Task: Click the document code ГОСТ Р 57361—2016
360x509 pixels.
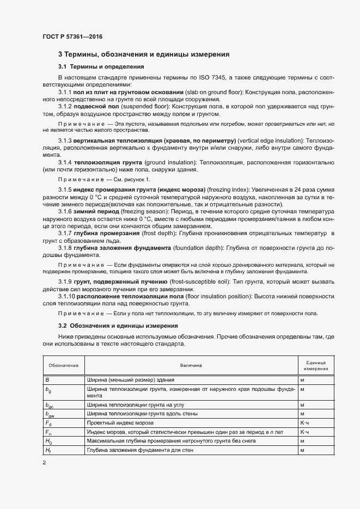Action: pos(72,36)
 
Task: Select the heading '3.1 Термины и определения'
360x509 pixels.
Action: pos(101,66)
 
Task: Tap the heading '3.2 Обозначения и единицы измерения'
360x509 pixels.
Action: pos(118,325)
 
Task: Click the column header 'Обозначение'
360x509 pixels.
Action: pos(63,365)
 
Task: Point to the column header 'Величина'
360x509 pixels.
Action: pos(191,365)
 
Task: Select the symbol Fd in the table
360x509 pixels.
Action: pos(48,423)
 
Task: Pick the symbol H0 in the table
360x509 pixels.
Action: pos(48,440)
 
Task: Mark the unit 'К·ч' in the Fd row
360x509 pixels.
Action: pos(304,423)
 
